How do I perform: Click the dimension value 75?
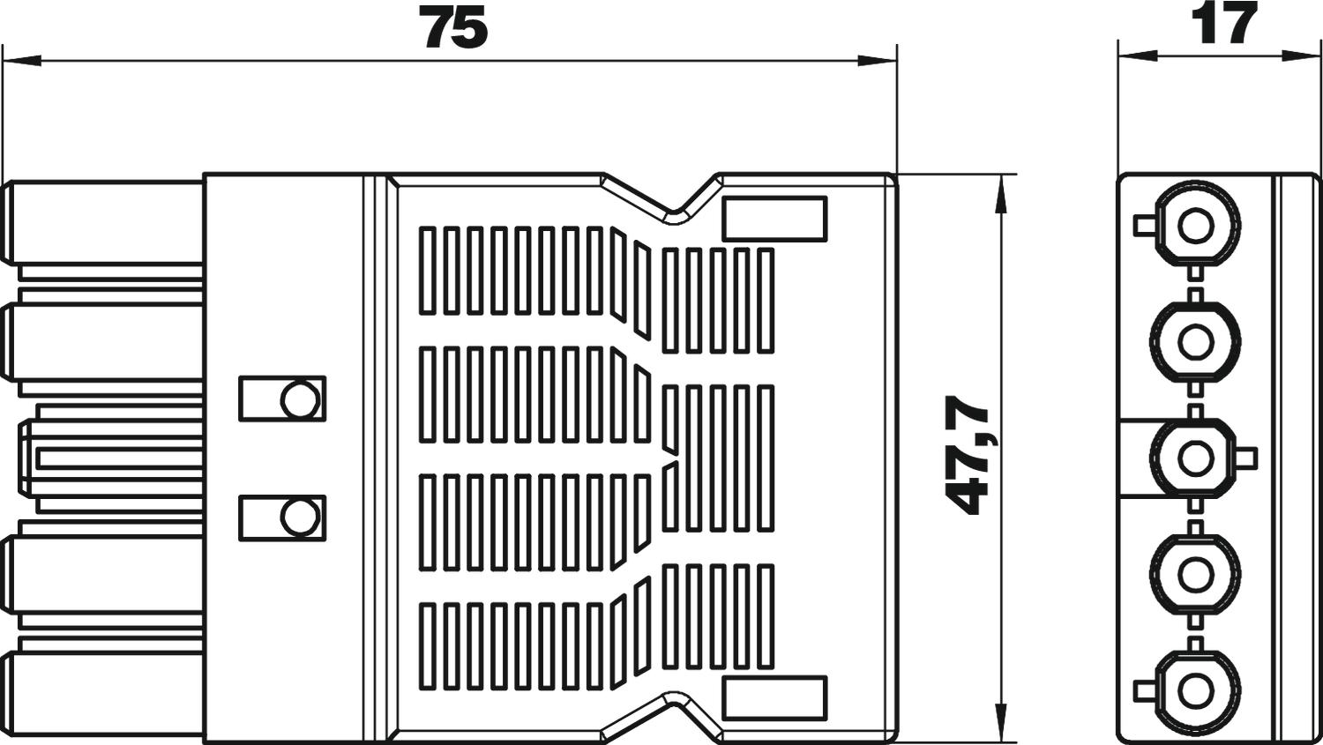[x=453, y=27]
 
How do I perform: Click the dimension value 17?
[x=1224, y=24]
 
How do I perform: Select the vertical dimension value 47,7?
[x=968, y=455]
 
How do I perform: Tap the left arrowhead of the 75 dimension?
[x=21, y=60]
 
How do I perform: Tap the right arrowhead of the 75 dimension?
[x=877, y=60]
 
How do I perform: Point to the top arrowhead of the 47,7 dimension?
[x=999, y=194]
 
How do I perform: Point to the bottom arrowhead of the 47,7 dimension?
[x=999, y=721]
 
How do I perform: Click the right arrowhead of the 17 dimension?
[x=1300, y=56]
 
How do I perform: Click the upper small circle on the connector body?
[x=300, y=399]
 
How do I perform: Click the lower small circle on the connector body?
[x=300, y=518]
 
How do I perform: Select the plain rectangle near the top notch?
[x=774, y=219]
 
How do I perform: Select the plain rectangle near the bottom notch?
[x=774, y=698]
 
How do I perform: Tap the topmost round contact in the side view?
[x=1196, y=225]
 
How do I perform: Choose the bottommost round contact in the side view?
[x=1196, y=690]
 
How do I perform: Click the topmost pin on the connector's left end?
[x=103, y=222]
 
